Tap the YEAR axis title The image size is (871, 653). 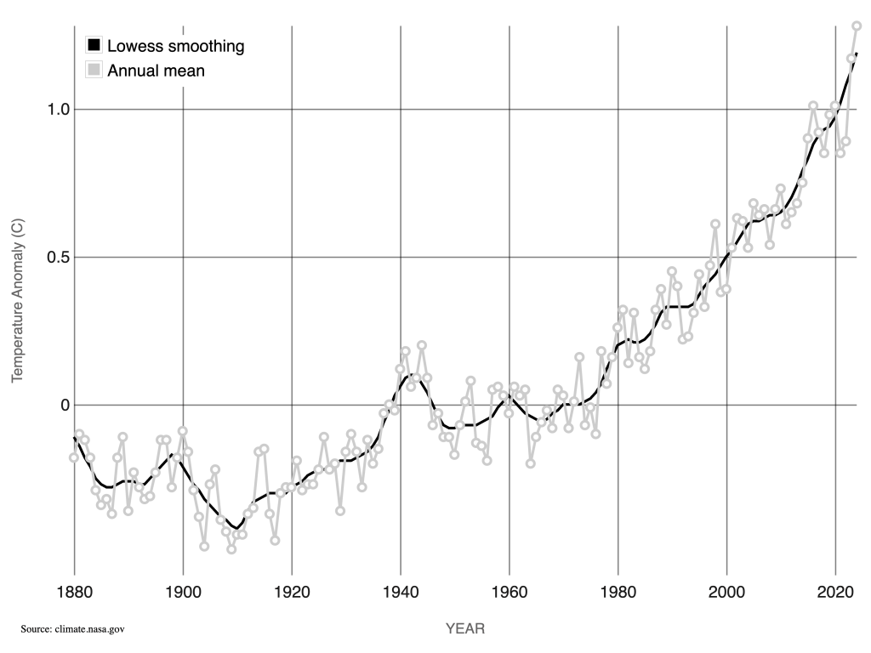pyautogui.click(x=465, y=629)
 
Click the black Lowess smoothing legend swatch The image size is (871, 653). pyautogui.click(x=94, y=46)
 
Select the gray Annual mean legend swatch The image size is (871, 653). pyautogui.click(x=94, y=71)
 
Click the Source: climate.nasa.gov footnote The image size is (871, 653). pyautogui.click(x=73, y=629)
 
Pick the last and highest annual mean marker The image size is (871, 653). pyautogui.click(x=857, y=26)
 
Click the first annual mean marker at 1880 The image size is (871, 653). pyautogui.click(x=74, y=457)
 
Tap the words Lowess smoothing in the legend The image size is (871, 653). pyautogui.click(x=175, y=46)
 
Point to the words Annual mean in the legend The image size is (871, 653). pyautogui.click(x=156, y=71)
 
